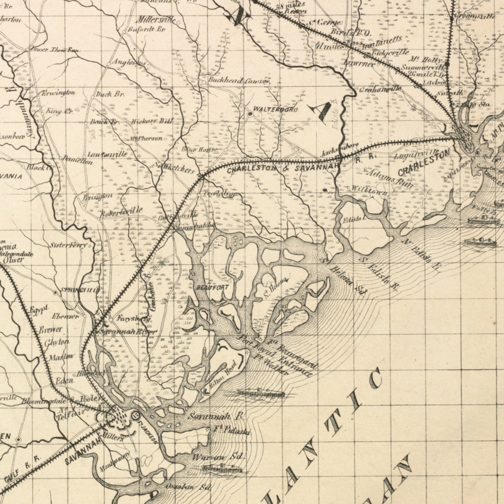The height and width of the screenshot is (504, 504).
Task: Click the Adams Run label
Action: point(388,178)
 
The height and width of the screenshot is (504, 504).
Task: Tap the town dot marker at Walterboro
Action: point(250,114)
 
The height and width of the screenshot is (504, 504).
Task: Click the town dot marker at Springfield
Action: point(56,292)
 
